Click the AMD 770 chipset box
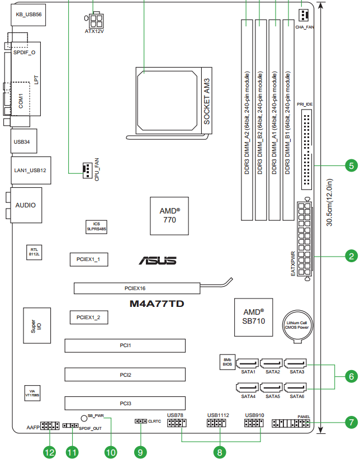(169, 216)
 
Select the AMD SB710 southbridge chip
(254, 317)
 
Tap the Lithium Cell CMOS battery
(297, 326)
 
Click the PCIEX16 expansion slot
(137, 288)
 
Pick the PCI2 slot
(125, 375)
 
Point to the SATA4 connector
(247, 387)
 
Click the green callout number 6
(351, 376)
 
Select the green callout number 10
(111, 452)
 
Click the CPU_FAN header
(87, 171)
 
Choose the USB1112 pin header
(216, 423)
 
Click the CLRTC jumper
(140, 421)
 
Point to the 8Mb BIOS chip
(228, 362)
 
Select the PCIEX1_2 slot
(89, 318)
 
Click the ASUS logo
(158, 260)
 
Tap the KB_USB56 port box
(29, 15)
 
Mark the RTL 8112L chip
(34, 252)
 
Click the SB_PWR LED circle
(84, 418)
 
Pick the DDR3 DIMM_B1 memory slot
(288, 120)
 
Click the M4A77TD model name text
(157, 304)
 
